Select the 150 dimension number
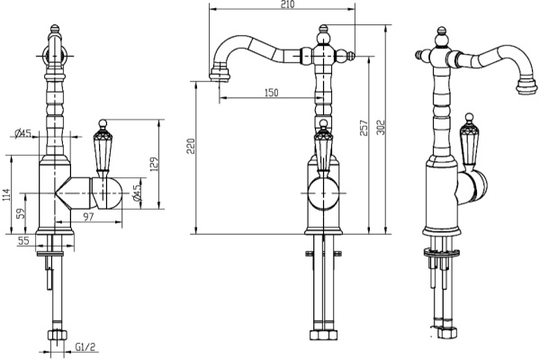270,93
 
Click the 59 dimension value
22,217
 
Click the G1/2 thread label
86,346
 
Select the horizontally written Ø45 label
23,134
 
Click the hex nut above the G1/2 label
56,338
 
